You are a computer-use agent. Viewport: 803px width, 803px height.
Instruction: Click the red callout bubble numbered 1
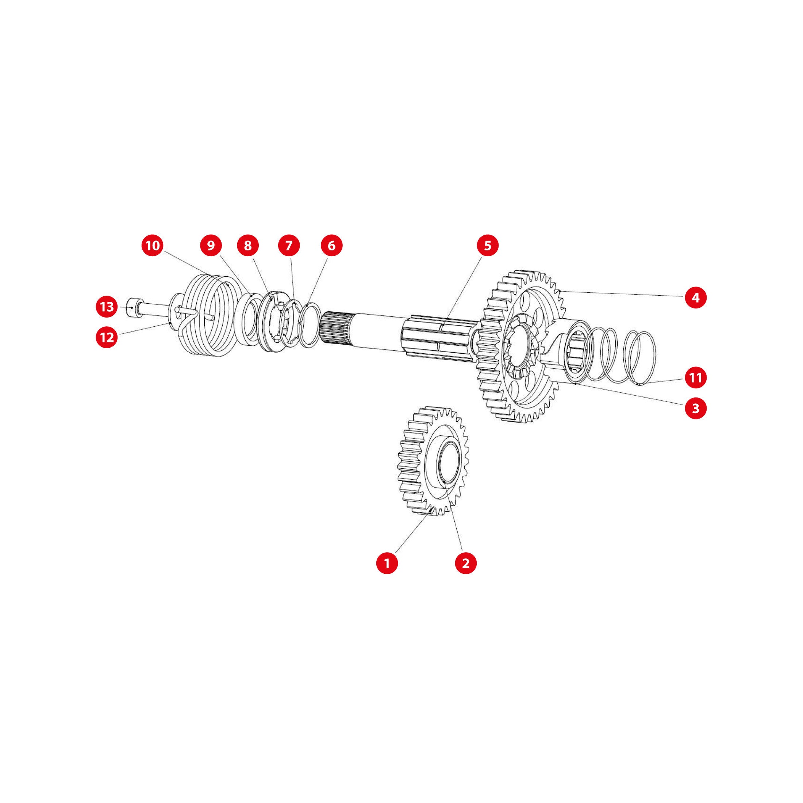tap(387, 563)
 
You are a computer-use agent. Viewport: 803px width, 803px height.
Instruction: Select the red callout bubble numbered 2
tap(465, 563)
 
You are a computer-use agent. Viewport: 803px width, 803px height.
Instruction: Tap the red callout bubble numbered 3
tap(696, 408)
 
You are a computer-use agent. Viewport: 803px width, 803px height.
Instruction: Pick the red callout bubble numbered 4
tap(696, 297)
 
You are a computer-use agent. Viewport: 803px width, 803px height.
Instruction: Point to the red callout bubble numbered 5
tap(488, 246)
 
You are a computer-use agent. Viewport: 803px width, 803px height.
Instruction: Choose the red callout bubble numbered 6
tap(331, 246)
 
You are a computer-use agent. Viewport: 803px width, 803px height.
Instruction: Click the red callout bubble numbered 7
tap(289, 246)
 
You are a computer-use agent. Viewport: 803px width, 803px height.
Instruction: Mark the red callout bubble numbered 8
tap(248, 246)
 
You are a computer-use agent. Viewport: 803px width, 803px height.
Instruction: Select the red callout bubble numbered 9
tap(211, 246)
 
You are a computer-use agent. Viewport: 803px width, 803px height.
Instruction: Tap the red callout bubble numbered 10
tap(153, 246)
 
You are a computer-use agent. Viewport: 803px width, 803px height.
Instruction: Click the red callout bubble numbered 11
tap(696, 377)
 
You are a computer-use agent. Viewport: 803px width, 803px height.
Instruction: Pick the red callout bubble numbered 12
tap(107, 337)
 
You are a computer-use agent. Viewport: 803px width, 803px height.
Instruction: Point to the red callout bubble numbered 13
tap(107, 307)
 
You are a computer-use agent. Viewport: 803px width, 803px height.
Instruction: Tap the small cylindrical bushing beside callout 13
tap(135, 308)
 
